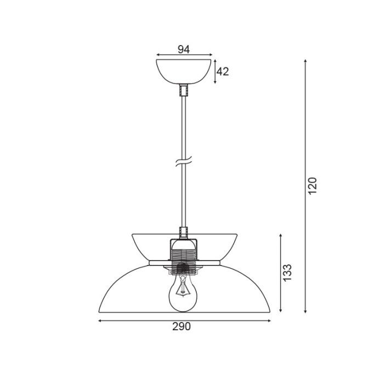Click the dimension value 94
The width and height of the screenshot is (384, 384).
[x=184, y=49]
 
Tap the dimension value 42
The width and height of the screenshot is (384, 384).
[x=223, y=71]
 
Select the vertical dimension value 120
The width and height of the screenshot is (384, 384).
[x=312, y=187]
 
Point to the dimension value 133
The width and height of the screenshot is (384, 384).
[x=287, y=273]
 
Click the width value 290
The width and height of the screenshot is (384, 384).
[x=182, y=327]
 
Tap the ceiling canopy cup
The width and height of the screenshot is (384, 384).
[x=184, y=70]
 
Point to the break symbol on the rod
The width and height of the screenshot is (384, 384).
[x=184, y=163]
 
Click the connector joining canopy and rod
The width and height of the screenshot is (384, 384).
[x=184, y=90]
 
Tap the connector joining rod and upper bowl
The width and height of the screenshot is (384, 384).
[x=184, y=233]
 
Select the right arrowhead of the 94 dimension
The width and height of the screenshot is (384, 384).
[x=210, y=55]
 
